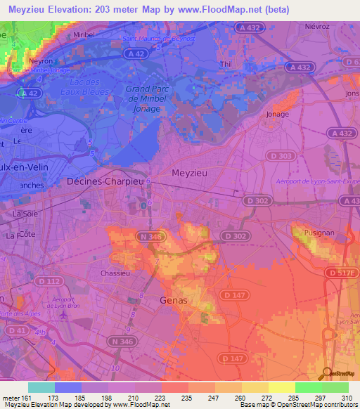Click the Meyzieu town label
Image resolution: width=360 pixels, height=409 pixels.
point(192,172)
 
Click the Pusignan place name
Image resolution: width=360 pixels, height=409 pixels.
point(311,231)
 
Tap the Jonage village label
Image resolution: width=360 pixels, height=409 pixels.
point(278,113)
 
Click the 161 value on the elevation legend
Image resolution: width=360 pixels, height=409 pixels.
point(26,398)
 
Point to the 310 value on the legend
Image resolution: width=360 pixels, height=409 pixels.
point(345,398)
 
